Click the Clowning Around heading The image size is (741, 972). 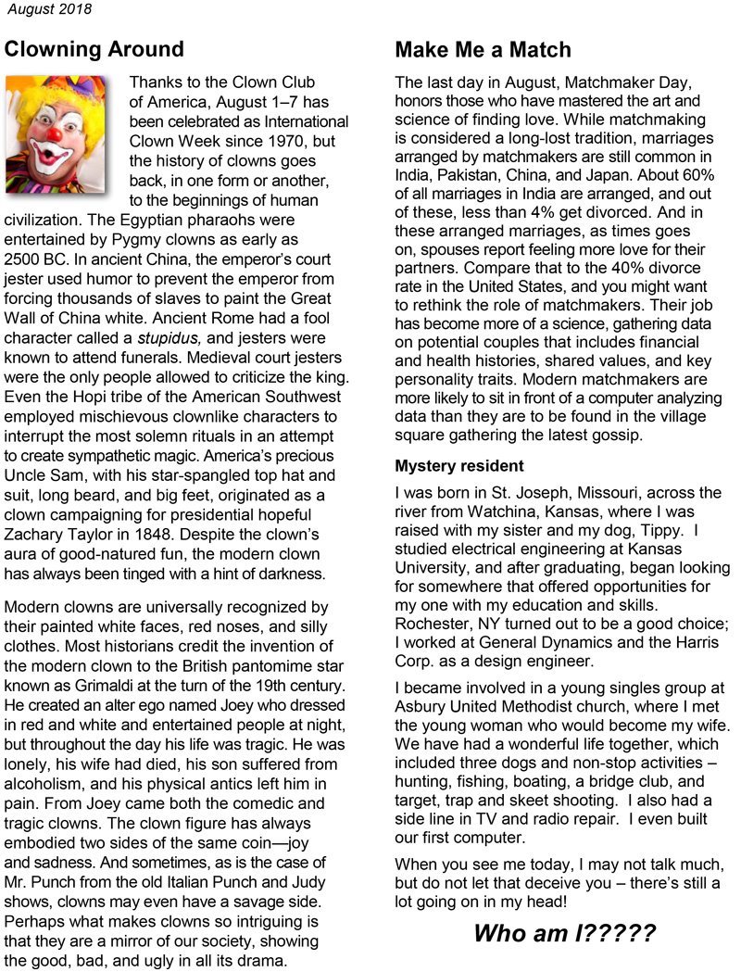[x=94, y=49]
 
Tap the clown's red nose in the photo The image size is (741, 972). [x=55, y=135]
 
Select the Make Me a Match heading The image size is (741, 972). [x=483, y=49]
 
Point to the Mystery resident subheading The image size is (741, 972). [x=459, y=465]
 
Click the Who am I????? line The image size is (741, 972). [x=565, y=933]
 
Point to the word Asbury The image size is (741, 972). [x=423, y=705]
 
